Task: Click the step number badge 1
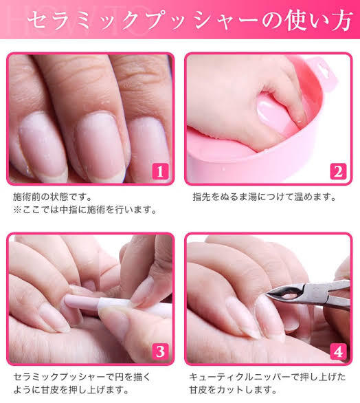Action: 160,171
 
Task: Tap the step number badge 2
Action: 338,171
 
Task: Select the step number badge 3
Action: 160,351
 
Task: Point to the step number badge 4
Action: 338,351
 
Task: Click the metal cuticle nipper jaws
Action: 285,293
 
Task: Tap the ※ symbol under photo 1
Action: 17,210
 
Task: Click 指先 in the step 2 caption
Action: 202,197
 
